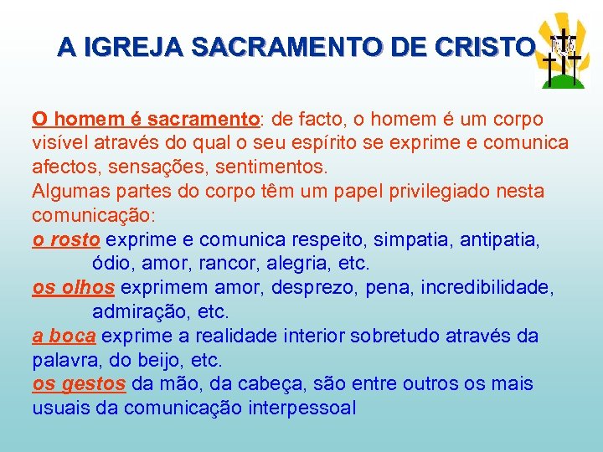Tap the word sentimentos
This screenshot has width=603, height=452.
pyautogui.click(x=280, y=167)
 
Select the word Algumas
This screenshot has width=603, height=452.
pyautogui.click(x=70, y=191)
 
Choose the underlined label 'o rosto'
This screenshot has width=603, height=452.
pyautogui.click(x=66, y=239)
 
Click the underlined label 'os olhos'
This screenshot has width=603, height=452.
pyautogui.click(x=73, y=288)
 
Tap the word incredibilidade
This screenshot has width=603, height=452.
pyautogui.click(x=487, y=288)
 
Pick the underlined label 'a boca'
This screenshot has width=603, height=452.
pyautogui.click(x=64, y=336)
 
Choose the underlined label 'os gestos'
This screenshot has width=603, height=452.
pyautogui.click(x=79, y=384)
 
